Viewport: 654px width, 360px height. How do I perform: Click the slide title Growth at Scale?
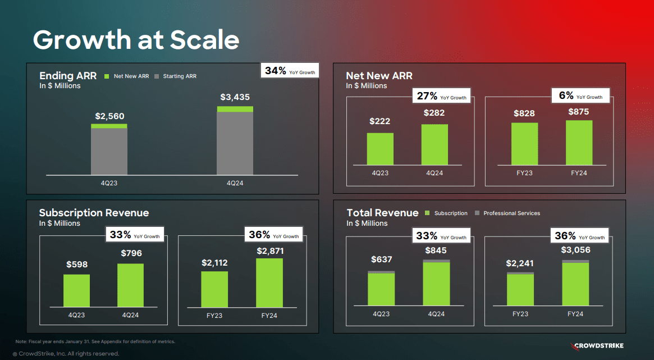click(x=136, y=40)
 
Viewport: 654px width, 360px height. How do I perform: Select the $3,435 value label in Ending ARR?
click(x=235, y=97)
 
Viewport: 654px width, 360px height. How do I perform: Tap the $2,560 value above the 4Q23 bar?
click(x=109, y=116)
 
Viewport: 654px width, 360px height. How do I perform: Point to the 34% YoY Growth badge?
click(x=290, y=71)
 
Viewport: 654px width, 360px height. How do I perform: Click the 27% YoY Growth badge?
click(x=441, y=96)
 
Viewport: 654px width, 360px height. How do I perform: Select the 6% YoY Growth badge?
click(x=580, y=96)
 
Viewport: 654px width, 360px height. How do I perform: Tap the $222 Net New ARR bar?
click(x=380, y=149)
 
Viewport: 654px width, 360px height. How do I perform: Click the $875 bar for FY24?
click(x=579, y=143)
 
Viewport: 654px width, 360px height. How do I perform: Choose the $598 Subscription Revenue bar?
click(x=76, y=290)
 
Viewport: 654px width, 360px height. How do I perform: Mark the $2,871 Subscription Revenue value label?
click(x=270, y=250)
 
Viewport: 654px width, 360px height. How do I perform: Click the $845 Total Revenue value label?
click(x=436, y=250)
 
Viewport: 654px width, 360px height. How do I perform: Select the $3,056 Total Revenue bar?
click(x=575, y=283)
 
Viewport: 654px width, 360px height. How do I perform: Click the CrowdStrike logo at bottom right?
click(x=596, y=345)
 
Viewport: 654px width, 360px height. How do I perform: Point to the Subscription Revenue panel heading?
click(x=94, y=213)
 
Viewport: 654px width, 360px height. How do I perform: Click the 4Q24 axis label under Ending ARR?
click(x=235, y=183)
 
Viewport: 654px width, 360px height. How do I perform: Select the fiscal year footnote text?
click(x=95, y=341)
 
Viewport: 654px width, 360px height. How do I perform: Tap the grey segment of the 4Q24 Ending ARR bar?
click(x=235, y=143)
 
